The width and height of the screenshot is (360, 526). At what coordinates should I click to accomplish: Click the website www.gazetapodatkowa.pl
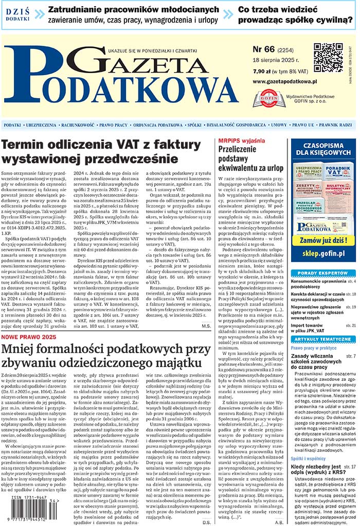click(x=285, y=82)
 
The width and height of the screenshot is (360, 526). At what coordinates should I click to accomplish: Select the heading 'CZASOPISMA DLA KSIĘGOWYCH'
click(x=323, y=149)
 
